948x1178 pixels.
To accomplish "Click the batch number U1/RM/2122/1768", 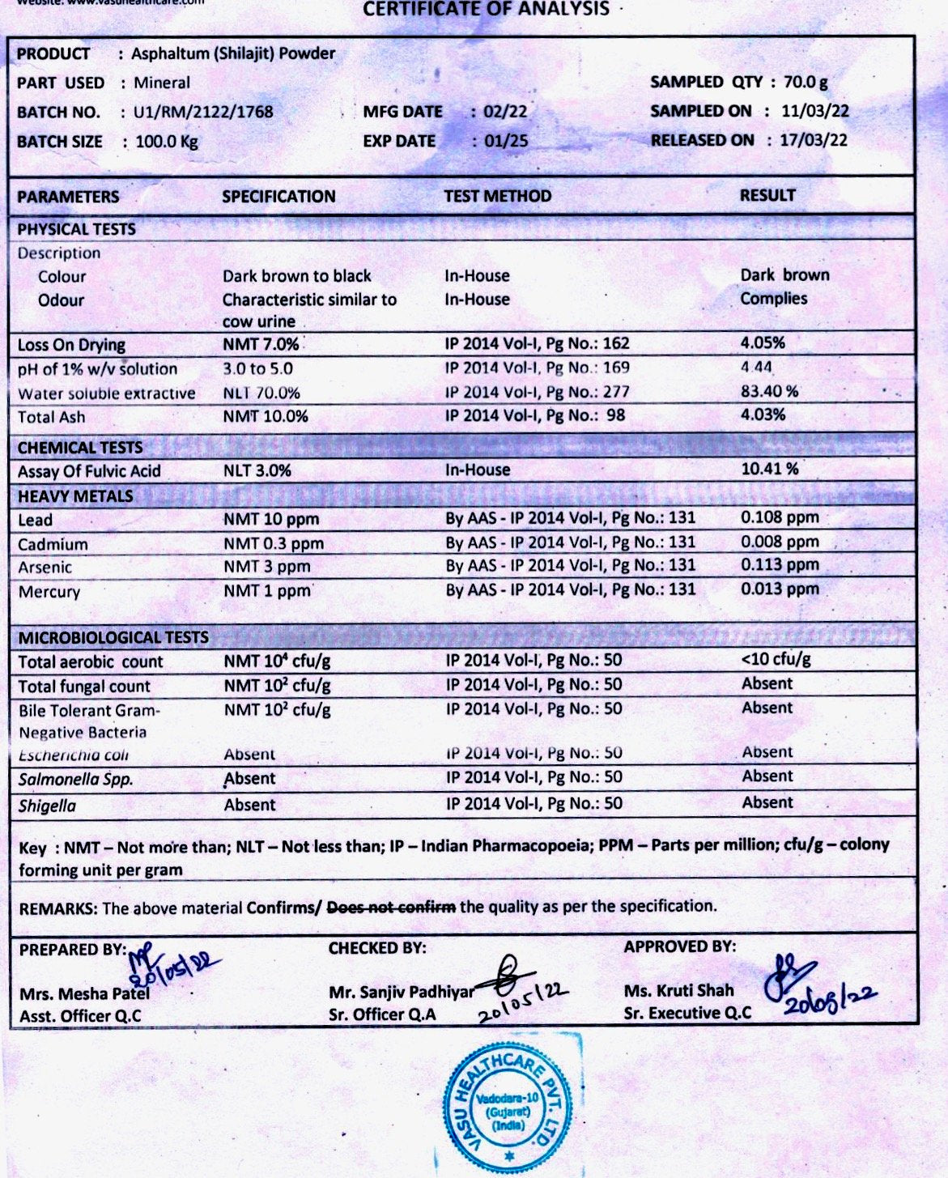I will pos(203,112).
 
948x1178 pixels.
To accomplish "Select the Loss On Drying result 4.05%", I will pos(763,342).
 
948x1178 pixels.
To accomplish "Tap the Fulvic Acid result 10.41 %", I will pos(769,469).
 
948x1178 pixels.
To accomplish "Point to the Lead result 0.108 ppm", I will pos(780,517).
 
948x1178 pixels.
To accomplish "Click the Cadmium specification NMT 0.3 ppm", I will pos(274,543).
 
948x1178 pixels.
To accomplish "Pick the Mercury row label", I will pos(49,592).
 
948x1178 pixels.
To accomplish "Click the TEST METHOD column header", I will pos(497,196).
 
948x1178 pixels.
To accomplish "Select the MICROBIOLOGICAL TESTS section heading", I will pos(113,637).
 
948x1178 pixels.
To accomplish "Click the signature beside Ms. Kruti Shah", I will pos(789,972).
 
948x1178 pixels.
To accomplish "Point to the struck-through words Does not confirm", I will pos(391,907).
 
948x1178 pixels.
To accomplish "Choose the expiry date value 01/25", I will pos(506,141).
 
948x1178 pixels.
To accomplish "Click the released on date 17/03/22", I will pos(814,140).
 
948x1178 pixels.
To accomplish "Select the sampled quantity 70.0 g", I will pos(806,82).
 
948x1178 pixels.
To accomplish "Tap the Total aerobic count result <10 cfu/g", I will pos(776,659).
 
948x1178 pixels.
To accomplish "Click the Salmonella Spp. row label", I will pos(76,780).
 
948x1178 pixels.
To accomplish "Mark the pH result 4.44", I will pos(756,367).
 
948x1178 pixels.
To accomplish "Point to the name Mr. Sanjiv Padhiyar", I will pos(402,992).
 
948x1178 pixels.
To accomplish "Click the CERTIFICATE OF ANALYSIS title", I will pos(486,10).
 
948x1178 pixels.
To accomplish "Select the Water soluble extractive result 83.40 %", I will pos(769,391).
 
